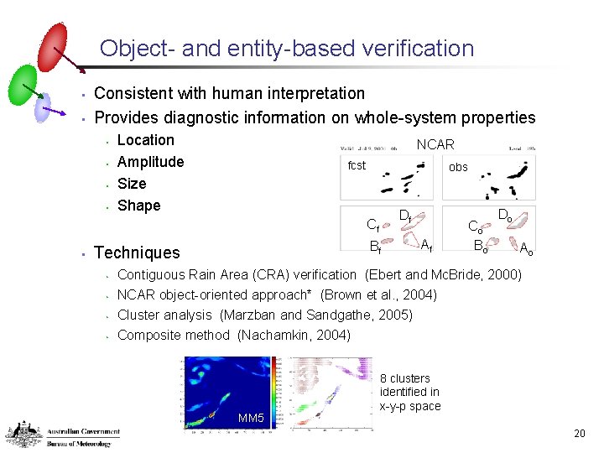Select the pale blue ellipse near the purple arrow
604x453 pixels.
(43, 107)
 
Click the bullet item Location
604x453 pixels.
(145, 140)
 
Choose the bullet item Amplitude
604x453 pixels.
(150, 162)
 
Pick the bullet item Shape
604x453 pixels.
(138, 206)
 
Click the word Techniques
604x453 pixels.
(137, 253)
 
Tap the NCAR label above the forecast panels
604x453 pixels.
(435, 145)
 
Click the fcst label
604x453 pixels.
(357, 165)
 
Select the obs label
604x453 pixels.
(458, 167)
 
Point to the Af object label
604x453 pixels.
(426, 245)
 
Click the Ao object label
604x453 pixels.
(526, 248)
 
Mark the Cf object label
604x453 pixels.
(373, 224)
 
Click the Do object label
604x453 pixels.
(507, 216)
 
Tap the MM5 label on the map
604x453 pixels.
(251, 418)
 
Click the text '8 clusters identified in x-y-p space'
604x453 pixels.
(409, 393)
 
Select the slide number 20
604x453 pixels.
(579, 434)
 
